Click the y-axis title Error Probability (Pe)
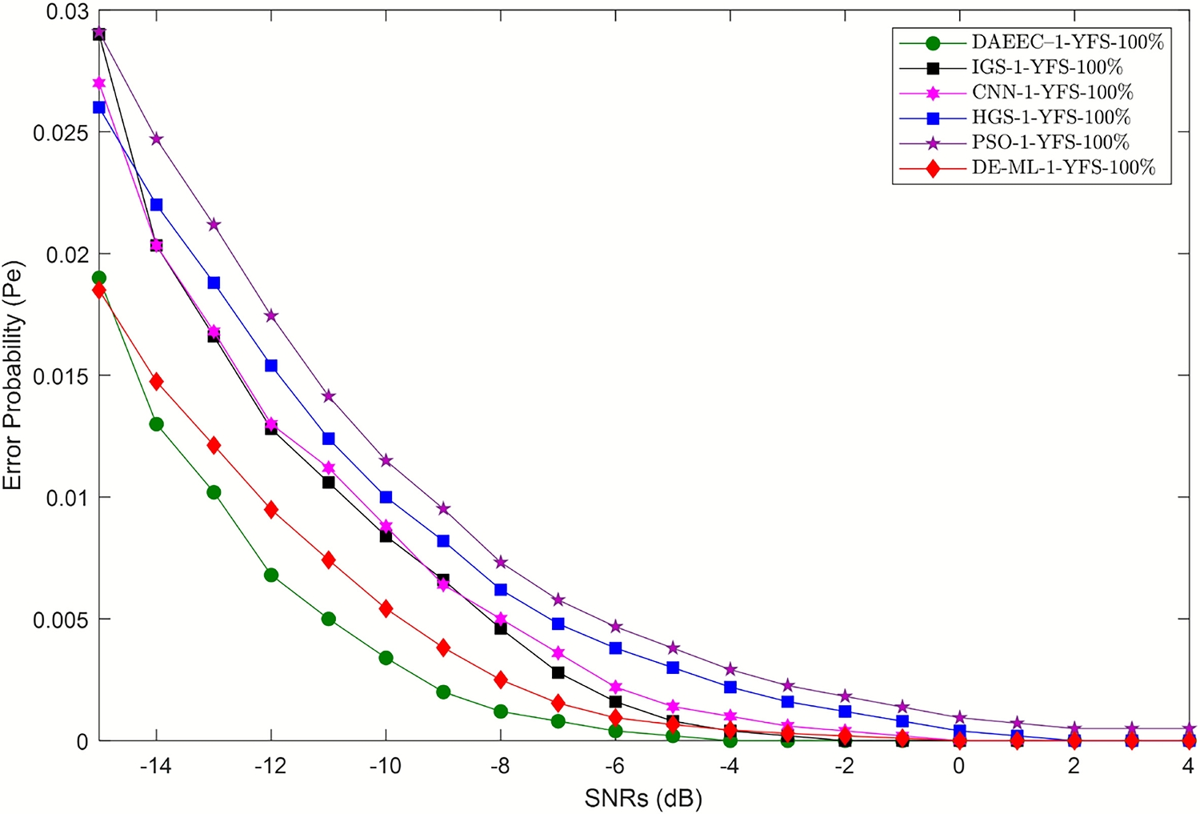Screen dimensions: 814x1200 pos(13,375)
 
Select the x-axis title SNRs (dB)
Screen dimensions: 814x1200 pos(644,798)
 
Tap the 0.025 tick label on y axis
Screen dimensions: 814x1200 pos(60,132)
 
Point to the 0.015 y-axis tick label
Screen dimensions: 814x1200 pos(60,376)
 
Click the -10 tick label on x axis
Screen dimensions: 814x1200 pos(386,766)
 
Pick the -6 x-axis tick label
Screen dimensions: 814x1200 pos(615,766)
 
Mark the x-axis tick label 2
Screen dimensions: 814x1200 pos(1074,766)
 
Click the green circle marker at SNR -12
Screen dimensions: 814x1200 pos(271,575)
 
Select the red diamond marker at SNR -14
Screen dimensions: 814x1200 pos(157,381)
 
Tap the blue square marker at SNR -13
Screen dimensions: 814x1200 pos(214,283)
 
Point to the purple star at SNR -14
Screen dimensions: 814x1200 pos(157,138)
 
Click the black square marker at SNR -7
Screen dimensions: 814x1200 pos(558,672)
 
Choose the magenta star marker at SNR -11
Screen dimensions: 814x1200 pos(329,467)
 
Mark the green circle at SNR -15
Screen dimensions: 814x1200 pos(99,278)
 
